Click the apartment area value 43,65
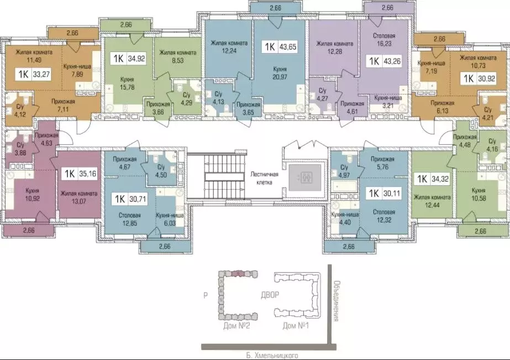288,47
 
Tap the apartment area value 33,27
41,75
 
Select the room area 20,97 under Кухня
280,77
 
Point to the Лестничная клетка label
261,179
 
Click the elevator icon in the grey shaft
304,178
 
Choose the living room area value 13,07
78,201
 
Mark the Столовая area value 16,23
384,44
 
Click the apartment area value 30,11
392,194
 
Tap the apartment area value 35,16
88,174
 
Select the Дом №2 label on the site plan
236,326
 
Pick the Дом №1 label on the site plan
296,326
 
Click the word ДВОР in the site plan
270,295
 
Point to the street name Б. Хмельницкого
267,356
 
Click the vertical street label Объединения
337,301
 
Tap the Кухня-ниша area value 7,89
78,74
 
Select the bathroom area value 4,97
344,175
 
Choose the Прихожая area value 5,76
382,167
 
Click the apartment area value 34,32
440,179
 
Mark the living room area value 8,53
177,60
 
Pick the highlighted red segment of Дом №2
238,273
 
